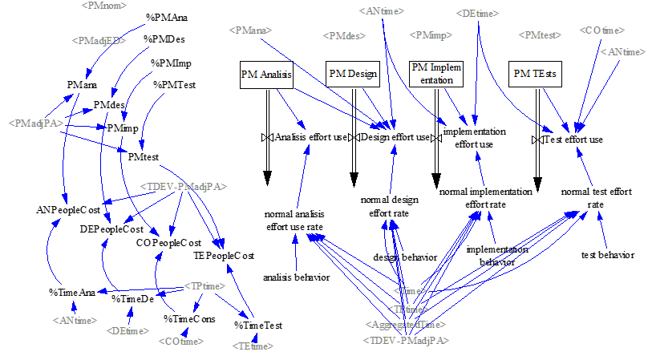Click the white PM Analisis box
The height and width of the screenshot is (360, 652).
point(265,75)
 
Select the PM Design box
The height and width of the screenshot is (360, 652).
point(353,74)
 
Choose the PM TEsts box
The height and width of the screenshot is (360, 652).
point(536,74)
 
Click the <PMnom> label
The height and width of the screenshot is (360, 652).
point(104,6)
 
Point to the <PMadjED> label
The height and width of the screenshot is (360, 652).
point(99,40)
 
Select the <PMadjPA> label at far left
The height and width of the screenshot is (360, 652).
point(36,123)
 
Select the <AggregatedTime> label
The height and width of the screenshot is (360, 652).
point(406,324)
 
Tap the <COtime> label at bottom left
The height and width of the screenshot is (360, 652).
point(181,341)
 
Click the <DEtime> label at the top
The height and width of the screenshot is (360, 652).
point(479,14)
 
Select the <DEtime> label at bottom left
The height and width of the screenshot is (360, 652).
point(127,330)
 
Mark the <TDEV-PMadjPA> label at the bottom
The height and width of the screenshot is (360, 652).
point(407,340)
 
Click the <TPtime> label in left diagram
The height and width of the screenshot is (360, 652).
point(204,285)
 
